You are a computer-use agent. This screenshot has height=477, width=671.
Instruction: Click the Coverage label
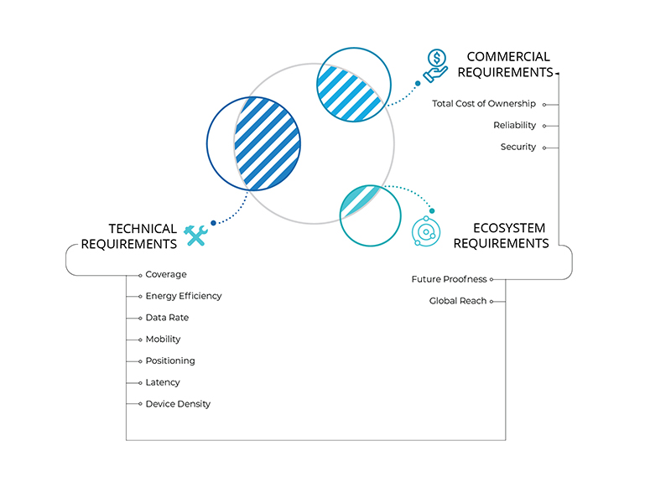[166, 274]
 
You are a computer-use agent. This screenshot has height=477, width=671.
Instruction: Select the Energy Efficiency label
[184, 296]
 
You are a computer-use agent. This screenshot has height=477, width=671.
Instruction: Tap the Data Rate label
[167, 318]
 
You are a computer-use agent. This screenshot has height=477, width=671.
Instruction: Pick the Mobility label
[163, 340]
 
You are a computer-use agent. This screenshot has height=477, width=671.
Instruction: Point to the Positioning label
[170, 360]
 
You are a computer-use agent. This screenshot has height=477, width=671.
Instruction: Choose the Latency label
[163, 382]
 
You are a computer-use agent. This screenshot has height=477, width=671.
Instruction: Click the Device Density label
[178, 404]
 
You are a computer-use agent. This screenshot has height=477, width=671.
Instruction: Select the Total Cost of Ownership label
[484, 104]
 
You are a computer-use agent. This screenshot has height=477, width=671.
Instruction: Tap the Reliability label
[514, 126]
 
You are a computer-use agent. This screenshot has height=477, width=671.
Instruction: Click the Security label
[518, 147]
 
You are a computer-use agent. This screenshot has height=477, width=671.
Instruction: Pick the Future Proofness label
[449, 279]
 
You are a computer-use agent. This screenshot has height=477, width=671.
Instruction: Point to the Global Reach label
[458, 301]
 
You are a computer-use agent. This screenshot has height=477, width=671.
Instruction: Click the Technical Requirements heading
[130, 236]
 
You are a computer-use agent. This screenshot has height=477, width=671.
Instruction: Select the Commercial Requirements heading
[505, 65]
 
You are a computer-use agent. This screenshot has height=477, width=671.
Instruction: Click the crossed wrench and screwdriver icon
[195, 236]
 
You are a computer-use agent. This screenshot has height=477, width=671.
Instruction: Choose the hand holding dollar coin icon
[435, 65]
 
